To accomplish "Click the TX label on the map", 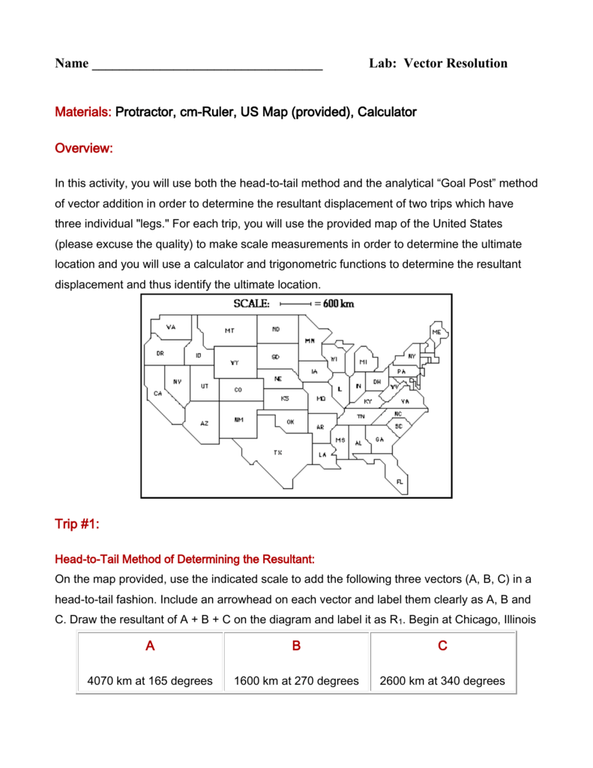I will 277,452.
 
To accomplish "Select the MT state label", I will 229,330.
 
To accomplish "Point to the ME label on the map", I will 436,331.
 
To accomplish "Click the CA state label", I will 157,393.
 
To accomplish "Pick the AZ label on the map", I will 204,423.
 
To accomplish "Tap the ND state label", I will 276,328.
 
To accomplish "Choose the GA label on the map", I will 379,439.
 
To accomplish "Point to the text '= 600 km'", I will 334,304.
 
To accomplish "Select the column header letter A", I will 150,646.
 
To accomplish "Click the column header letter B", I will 296,646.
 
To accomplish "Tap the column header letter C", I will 442,646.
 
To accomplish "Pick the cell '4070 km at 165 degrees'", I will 150,681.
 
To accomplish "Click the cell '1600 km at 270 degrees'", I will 296,681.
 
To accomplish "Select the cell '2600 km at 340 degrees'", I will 442,681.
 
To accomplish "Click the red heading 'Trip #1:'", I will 77,523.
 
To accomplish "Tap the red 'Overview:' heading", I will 84,148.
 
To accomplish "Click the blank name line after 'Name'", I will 207,64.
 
